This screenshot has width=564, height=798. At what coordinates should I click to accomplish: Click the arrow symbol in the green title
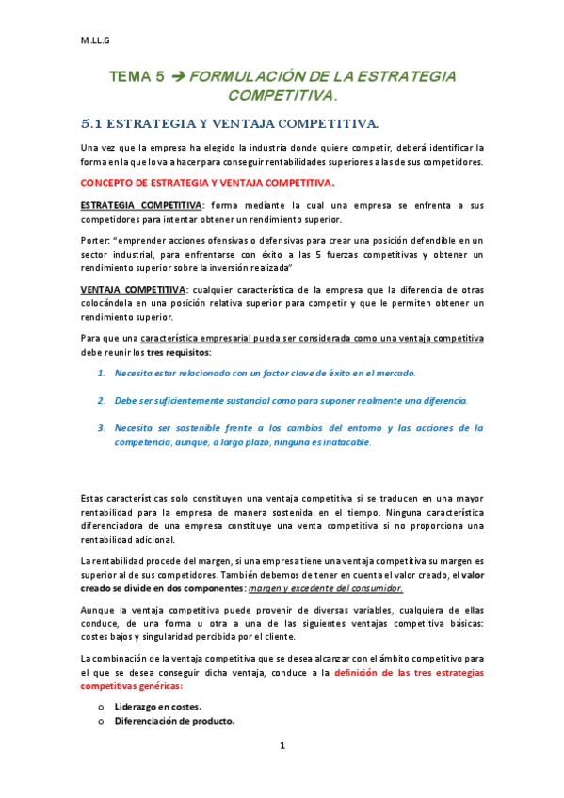coord(174,78)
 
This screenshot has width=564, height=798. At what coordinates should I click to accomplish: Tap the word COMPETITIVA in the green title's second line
coord(281,96)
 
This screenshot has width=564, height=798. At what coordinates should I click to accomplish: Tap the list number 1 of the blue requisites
coord(101,374)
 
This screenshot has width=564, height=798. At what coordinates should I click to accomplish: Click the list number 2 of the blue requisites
coord(101,401)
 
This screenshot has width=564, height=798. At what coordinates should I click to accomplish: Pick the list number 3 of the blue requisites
coord(101,428)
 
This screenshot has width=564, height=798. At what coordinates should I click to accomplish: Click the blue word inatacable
coord(343,442)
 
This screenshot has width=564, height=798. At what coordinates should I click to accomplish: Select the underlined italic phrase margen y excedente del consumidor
coord(325,588)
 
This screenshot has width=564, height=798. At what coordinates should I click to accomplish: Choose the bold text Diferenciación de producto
coord(174,721)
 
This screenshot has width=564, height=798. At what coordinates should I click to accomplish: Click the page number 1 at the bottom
coord(282,772)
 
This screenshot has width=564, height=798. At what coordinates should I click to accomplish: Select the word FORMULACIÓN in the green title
coord(246,78)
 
